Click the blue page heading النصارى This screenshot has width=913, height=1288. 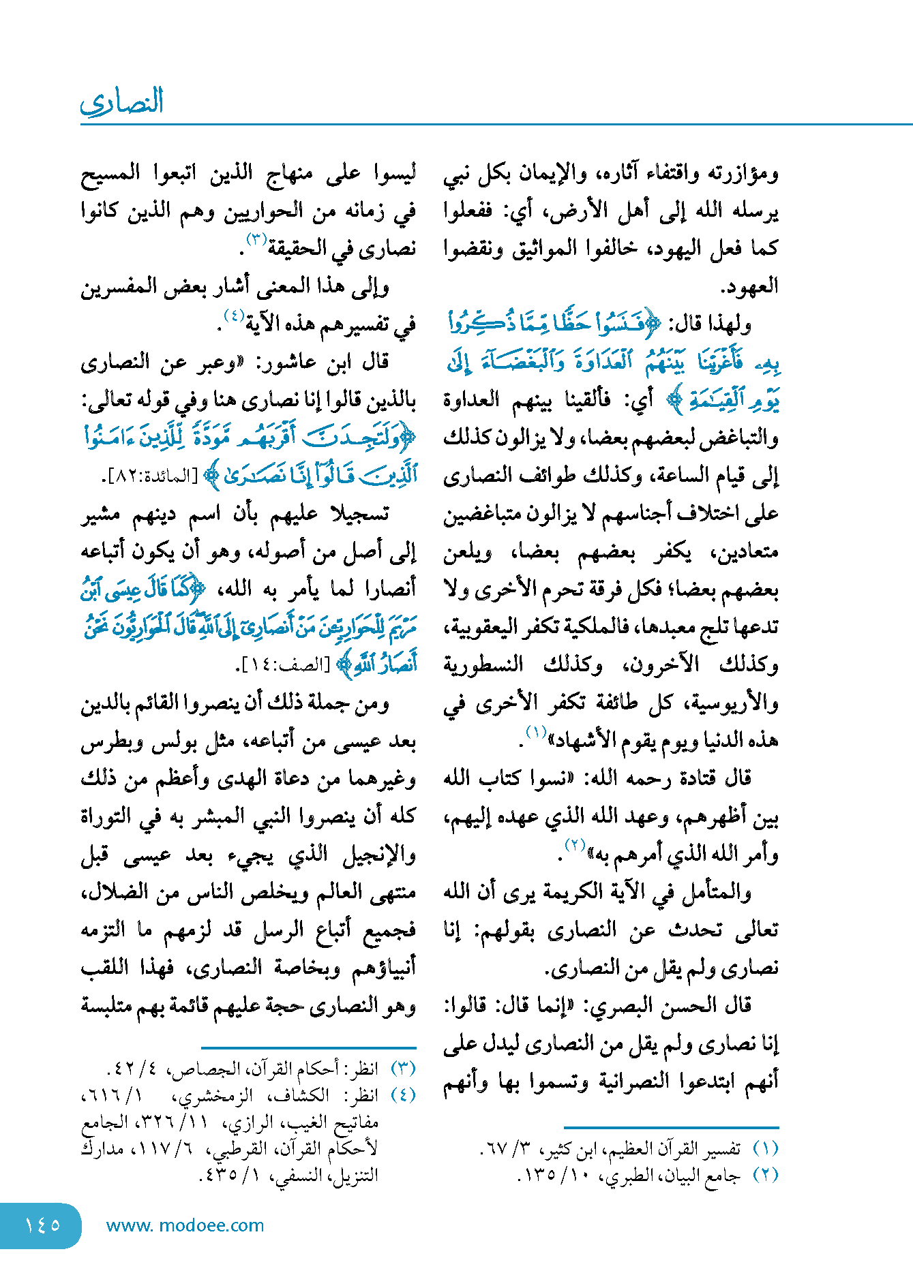point(122,102)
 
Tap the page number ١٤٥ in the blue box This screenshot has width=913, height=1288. point(42,1225)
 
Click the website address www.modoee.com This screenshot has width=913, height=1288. point(185,1225)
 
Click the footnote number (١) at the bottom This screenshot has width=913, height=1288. point(766,1149)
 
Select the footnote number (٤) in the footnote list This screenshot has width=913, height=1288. point(403,1095)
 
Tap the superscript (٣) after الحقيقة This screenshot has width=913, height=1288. point(256,239)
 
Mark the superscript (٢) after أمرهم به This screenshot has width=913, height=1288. point(575,846)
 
